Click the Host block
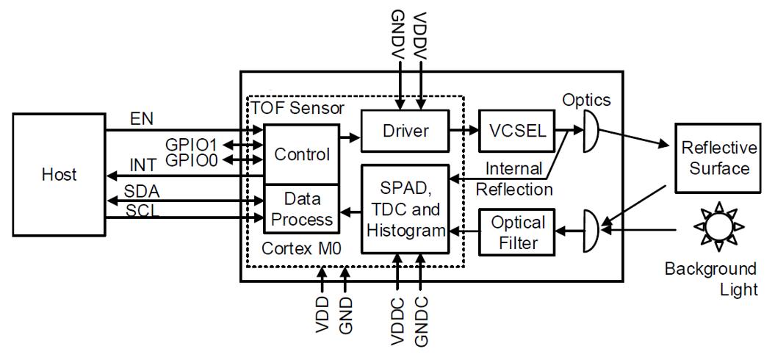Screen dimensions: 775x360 coord(59,174)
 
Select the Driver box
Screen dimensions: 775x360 coord(405,131)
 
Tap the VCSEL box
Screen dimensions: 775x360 coord(517,131)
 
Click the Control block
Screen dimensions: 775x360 coord(301,154)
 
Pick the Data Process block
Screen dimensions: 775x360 coord(301,209)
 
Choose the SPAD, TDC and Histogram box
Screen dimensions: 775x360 coord(405,209)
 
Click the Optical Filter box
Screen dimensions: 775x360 coord(517,232)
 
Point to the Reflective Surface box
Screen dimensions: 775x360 coord(718,158)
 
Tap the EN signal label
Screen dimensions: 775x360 coord(142,119)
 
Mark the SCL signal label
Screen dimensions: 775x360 coord(143,211)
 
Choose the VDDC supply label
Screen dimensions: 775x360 coord(398,322)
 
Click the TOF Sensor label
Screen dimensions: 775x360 coord(298,107)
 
